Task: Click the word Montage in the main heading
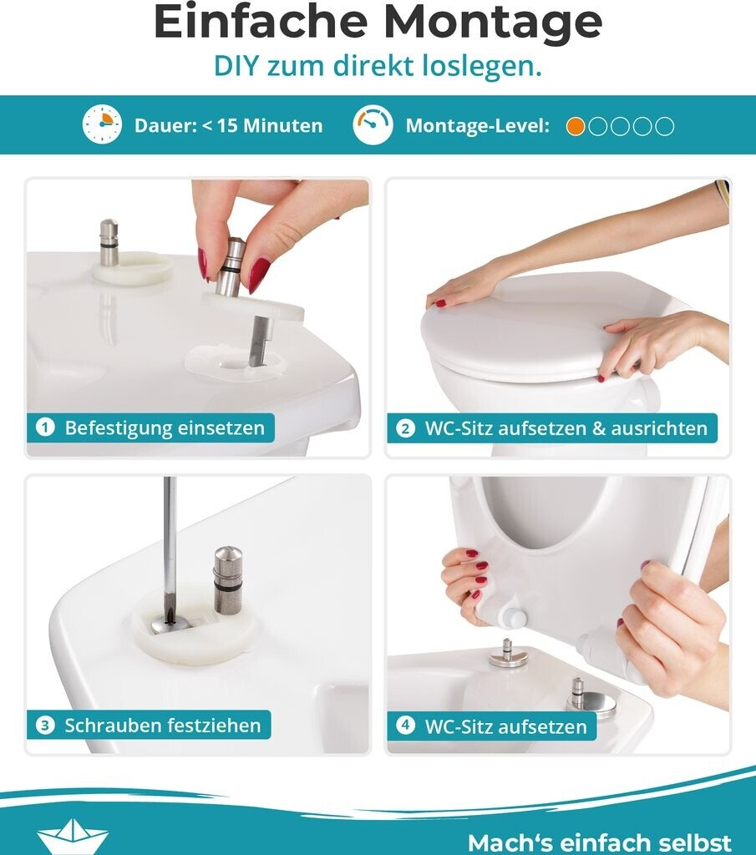(493, 23)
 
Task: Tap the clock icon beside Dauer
(102, 125)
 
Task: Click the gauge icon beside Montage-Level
(373, 125)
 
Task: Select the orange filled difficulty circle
(576, 126)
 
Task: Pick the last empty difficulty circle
(664, 126)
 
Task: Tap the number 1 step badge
(45, 427)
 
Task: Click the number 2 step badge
(405, 428)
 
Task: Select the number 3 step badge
(45, 726)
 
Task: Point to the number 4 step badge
(405, 726)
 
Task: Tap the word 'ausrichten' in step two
(659, 428)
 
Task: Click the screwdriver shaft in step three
(170, 545)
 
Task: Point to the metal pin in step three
(228, 579)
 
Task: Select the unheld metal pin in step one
(109, 242)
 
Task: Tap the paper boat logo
(73, 837)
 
